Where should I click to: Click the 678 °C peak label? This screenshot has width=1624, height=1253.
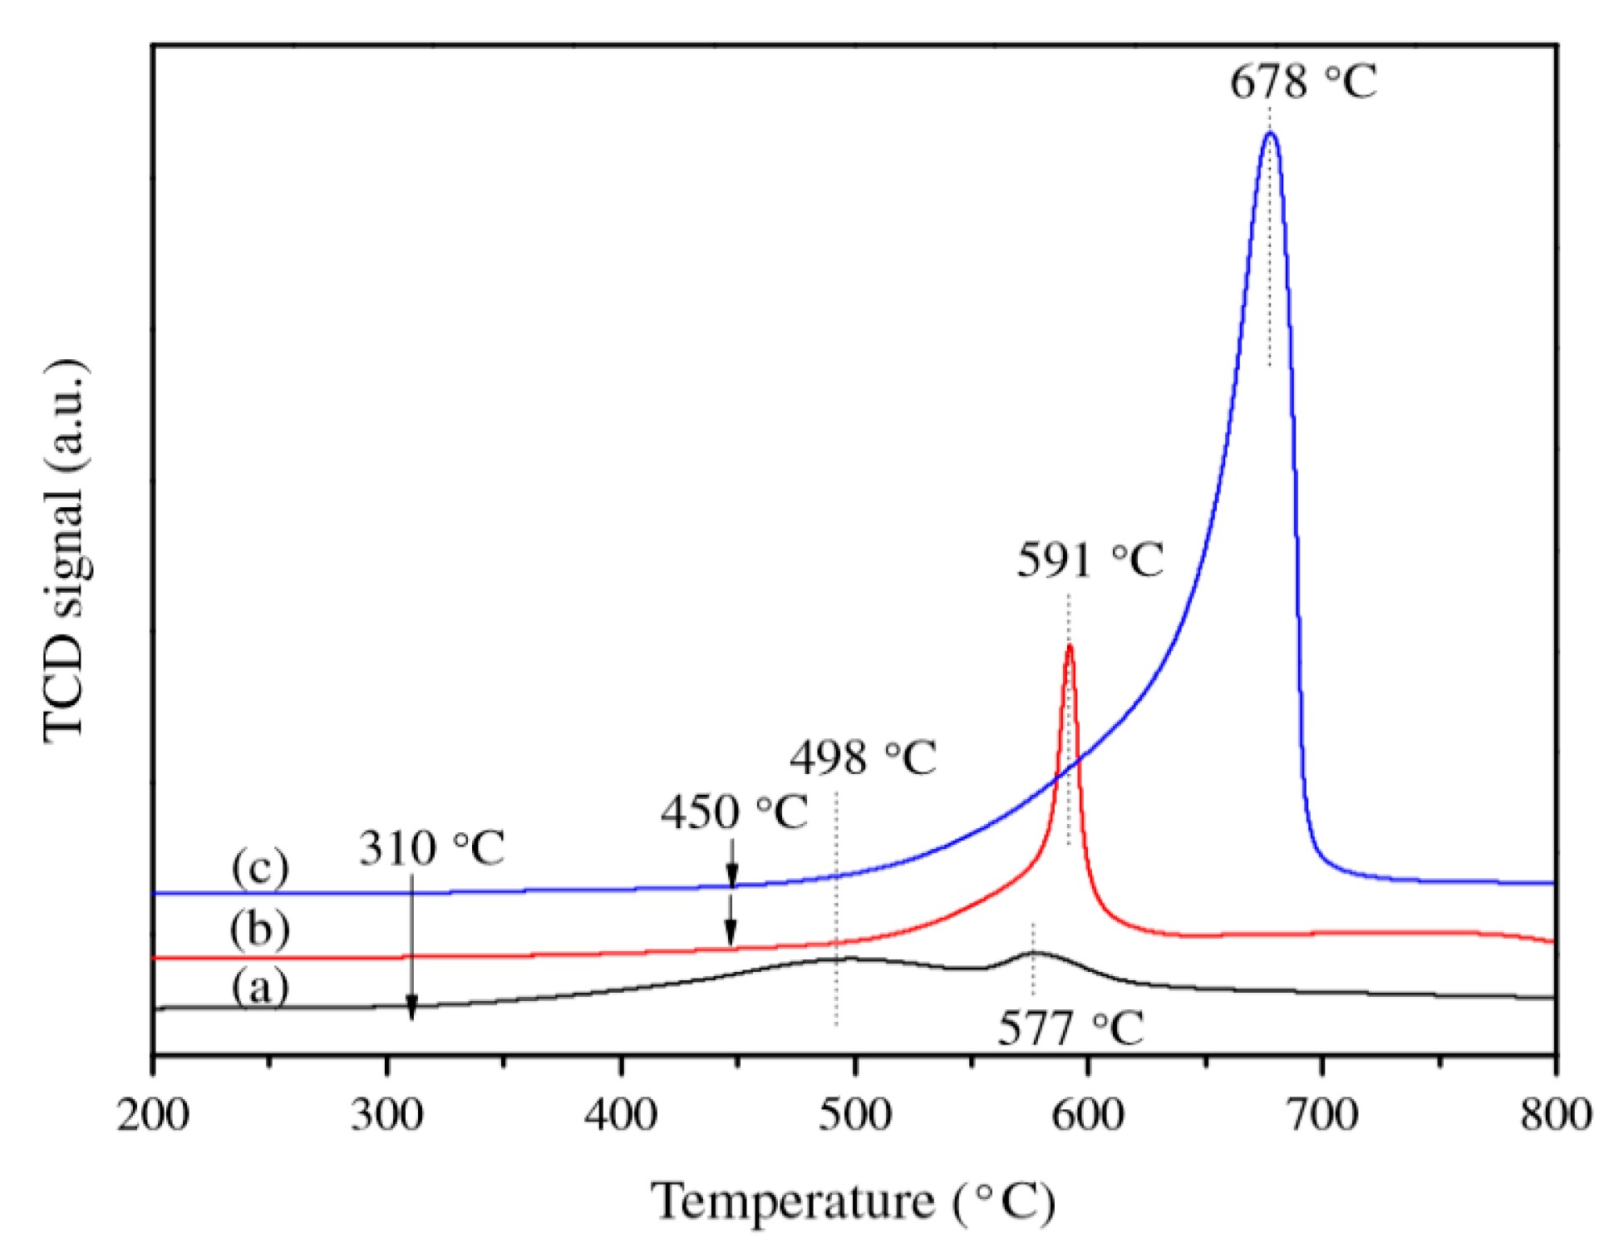pos(1302,82)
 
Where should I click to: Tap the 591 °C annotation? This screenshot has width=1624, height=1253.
pos(1090,560)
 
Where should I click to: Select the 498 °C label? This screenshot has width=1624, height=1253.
pos(863,757)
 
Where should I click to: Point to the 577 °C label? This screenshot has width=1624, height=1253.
pos(1070,1029)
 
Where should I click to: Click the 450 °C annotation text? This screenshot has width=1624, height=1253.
pos(733,811)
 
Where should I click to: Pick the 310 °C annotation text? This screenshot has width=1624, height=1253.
pos(431,849)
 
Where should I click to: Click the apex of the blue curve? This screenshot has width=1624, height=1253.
pos(1269,133)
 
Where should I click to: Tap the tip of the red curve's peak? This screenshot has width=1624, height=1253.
pos(1069,645)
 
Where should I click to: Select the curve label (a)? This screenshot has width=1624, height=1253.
pos(260,989)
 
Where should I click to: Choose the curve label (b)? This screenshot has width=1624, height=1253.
pos(260,929)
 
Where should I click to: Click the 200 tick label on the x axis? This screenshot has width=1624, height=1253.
pos(153,1115)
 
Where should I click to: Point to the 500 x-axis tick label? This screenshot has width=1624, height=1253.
pos(854,1115)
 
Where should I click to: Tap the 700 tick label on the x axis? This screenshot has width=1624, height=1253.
pos(1321,1115)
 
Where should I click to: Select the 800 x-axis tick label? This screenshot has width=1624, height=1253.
pos(1555,1115)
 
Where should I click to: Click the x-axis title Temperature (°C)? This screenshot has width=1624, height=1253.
pos(853,1202)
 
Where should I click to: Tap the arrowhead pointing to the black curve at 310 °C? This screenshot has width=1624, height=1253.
pos(411,1010)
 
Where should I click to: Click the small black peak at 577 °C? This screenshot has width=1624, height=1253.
pos(1032,953)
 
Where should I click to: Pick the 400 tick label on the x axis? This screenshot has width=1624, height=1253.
pos(621,1115)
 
